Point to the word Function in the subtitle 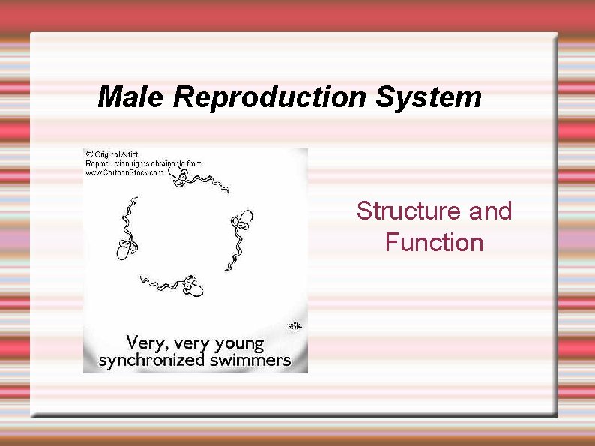point(434,243)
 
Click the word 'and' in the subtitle point(490,211)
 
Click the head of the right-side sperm point(241,222)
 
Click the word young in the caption point(239,344)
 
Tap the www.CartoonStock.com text point(124,172)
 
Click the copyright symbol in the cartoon point(88,154)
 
